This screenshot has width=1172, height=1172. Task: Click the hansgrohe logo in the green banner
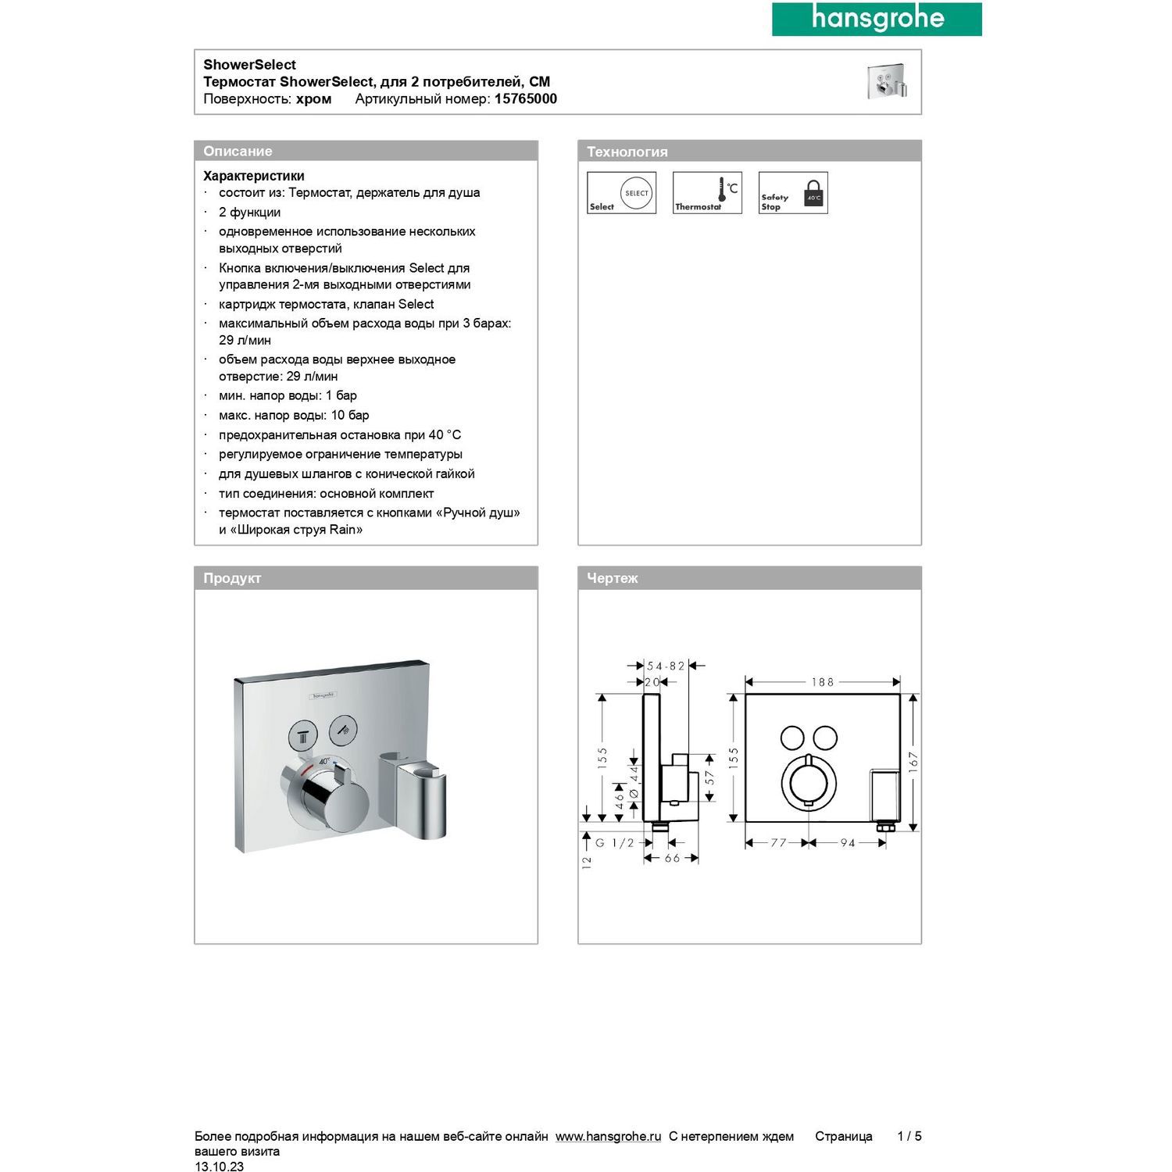877,19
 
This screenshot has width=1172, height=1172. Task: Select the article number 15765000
525,99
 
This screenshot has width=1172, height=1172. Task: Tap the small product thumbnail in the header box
887,81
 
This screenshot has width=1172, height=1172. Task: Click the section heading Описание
238,152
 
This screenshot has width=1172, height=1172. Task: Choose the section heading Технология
627,152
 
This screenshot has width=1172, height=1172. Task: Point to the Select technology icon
621,193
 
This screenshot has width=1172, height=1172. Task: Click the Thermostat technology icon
707,193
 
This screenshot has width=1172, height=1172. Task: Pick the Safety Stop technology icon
793,193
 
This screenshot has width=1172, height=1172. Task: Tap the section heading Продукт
232,578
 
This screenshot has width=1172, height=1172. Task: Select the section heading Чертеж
613,578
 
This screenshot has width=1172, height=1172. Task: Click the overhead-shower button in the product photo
302,734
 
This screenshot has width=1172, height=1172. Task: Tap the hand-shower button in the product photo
342,730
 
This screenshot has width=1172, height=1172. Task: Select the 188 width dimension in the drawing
823,682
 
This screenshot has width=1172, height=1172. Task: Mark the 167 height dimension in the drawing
913,762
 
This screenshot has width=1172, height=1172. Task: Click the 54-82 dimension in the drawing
666,666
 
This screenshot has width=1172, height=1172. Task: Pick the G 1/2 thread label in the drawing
615,843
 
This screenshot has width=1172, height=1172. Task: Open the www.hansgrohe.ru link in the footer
608,1136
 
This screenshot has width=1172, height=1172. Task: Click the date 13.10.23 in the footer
219,1167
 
